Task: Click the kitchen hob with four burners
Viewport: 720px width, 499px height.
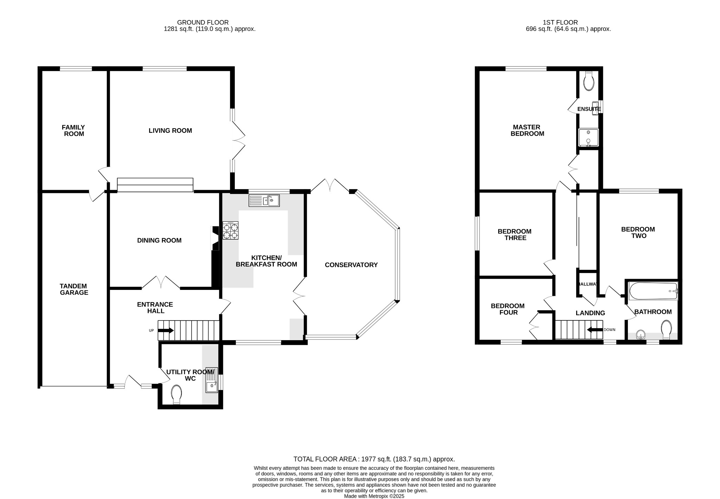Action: (231, 231)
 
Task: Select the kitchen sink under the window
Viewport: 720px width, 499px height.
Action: (264, 201)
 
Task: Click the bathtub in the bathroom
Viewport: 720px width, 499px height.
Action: (653, 291)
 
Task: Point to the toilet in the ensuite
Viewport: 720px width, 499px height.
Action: (589, 81)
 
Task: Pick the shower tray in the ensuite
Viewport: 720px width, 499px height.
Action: (588, 137)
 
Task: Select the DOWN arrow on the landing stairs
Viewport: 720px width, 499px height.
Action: (595, 330)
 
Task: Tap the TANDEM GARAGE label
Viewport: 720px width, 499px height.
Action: (74, 289)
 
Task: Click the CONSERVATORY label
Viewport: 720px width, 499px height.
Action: (351, 265)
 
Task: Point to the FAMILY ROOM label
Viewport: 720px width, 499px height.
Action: (74, 130)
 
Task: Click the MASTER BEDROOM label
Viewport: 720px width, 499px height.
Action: (527, 130)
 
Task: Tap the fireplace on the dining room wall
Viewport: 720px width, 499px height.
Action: (214, 238)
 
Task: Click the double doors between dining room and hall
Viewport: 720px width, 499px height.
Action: (161, 283)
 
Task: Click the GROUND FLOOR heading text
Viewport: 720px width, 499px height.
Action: (203, 22)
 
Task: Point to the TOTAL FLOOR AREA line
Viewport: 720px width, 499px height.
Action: (374, 459)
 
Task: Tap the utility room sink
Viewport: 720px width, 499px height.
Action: (212, 380)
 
